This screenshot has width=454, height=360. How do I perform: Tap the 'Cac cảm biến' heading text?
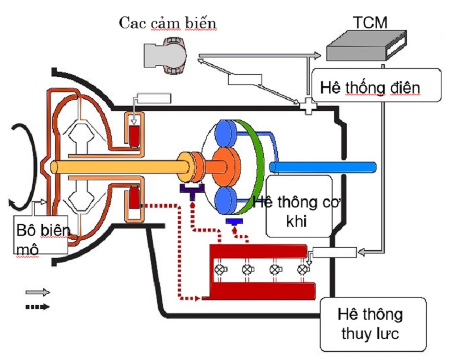click(169, 23)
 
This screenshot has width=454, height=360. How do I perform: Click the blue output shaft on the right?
click(323, 167)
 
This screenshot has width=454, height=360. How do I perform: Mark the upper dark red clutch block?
click(135, 135)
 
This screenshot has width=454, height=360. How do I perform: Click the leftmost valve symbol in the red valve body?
click(220, 269)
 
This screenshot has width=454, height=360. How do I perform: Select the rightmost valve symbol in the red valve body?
click(304, 269)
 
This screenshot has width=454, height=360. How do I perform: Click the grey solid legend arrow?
click(37, 293)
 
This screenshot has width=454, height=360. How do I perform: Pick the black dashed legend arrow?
click(37, 307)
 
